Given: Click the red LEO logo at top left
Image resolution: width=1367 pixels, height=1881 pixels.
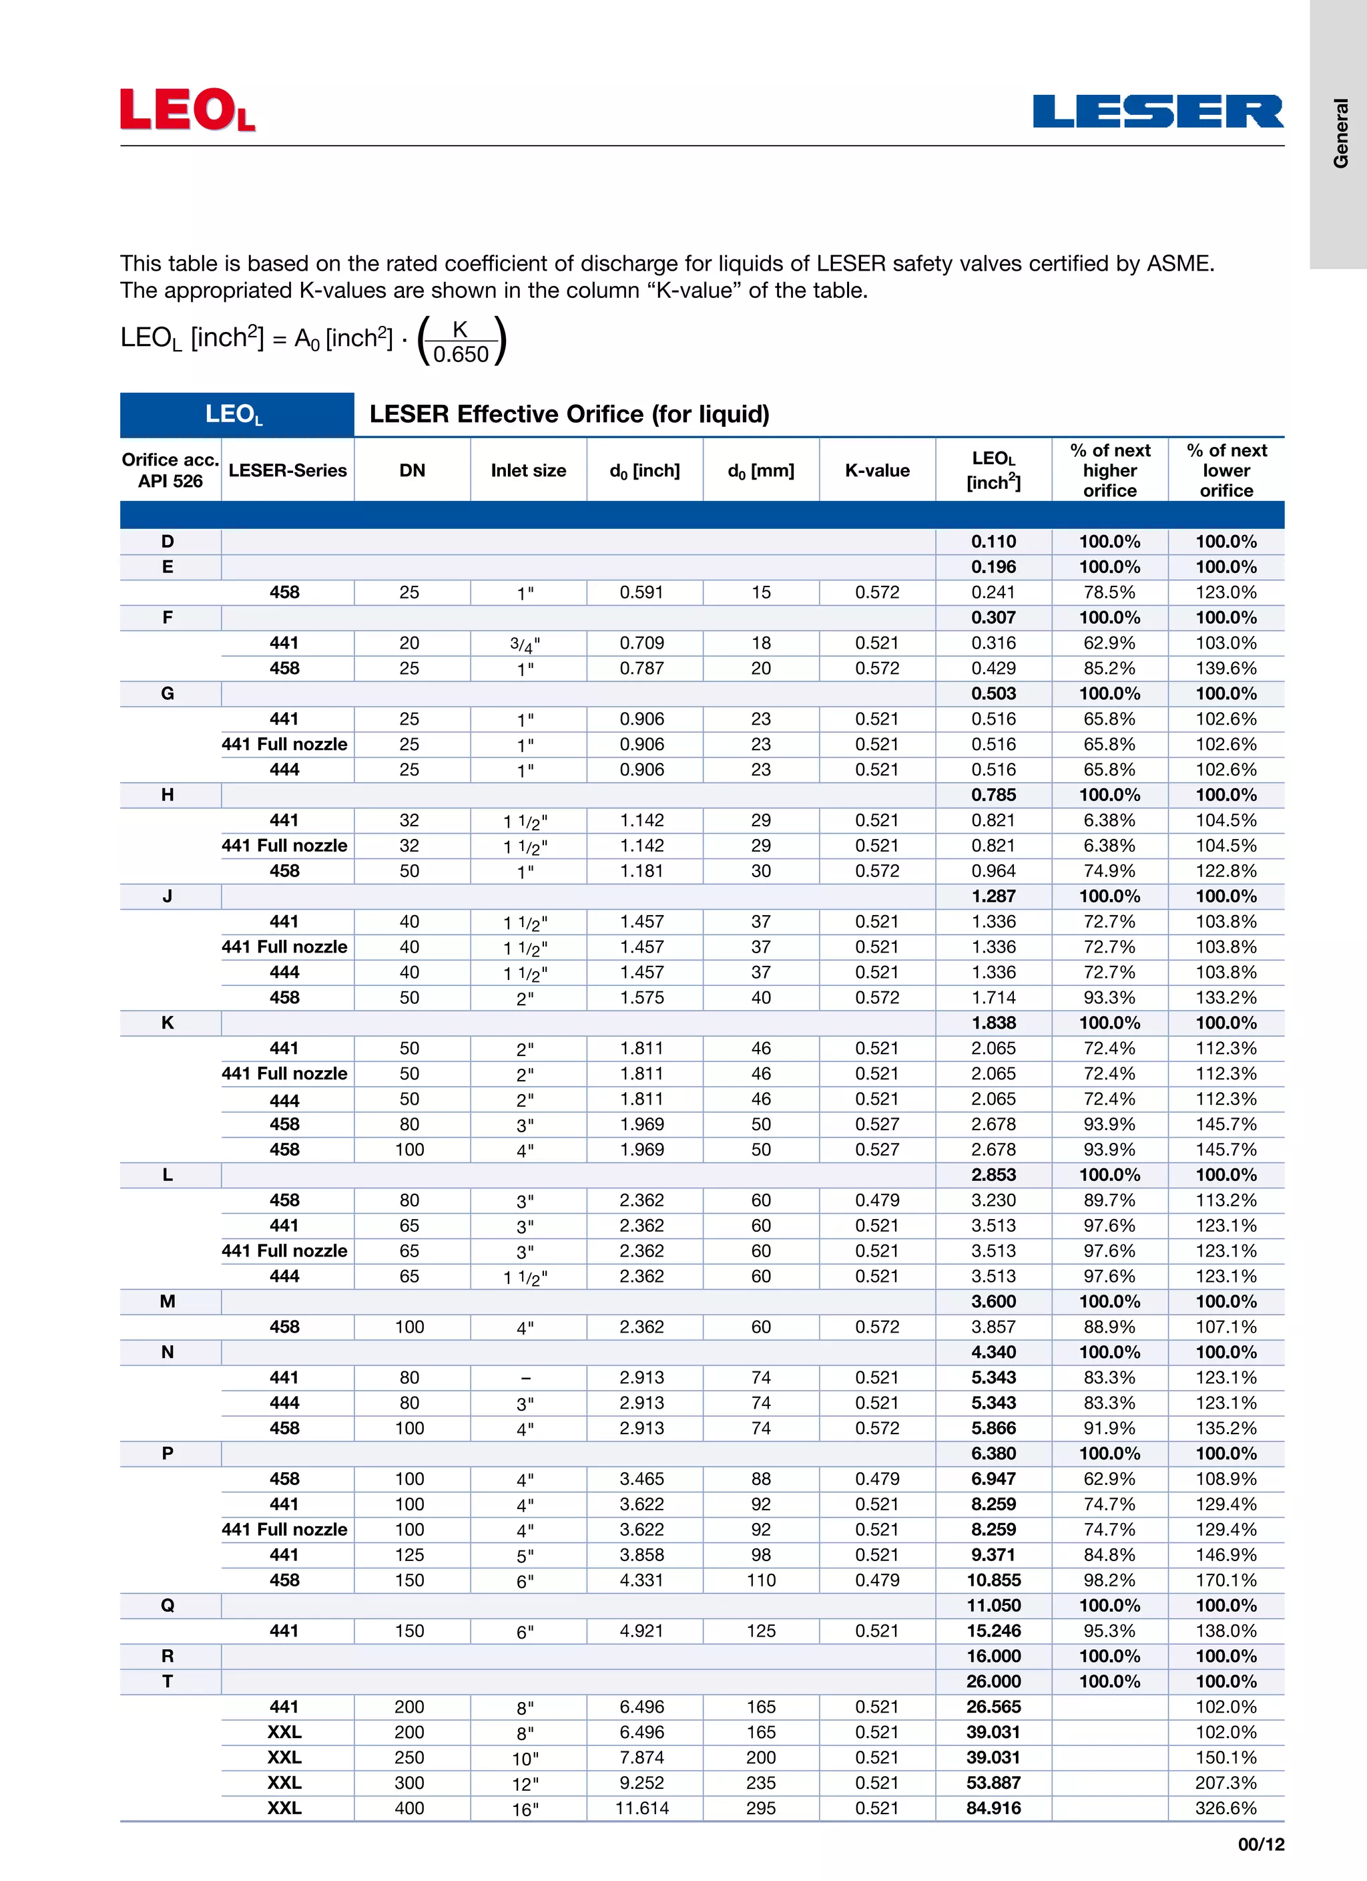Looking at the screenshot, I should [x=188, y=110].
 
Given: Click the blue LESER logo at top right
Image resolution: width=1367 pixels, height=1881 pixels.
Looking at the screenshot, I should [x=1157, y=111].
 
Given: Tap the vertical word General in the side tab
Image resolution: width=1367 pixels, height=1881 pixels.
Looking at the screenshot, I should [x=1340, y=133].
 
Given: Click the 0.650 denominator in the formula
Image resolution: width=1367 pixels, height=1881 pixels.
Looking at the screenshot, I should [x=461, y=355].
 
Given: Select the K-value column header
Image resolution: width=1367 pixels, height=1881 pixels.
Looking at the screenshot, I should [x=877, y=470].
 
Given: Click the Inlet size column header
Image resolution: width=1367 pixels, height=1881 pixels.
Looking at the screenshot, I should [x=528, y=470].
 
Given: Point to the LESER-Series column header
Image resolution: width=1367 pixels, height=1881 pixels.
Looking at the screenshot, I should [x=288, y=470].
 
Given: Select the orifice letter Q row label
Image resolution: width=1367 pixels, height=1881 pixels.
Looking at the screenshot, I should [x=168, y=1606].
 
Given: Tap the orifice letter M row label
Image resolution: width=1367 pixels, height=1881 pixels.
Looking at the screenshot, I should [x=168, y=1302].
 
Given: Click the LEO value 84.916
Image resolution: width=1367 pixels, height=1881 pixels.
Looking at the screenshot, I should [x=993, y=1808].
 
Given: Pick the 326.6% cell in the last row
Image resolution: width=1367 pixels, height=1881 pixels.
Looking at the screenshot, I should [x=1225, y=1808].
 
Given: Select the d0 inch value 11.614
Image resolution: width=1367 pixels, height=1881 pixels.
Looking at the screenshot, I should [x=641, y=1808].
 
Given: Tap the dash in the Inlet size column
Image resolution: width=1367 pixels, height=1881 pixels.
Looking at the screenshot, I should [x=525, y=1377].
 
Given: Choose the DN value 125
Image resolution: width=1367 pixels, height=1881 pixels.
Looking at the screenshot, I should [x=410, y=1555].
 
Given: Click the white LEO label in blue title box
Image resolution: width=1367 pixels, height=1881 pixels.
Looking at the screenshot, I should [x=234, y=415].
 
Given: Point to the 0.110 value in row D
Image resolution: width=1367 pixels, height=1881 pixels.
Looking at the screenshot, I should [x=993, y=542].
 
